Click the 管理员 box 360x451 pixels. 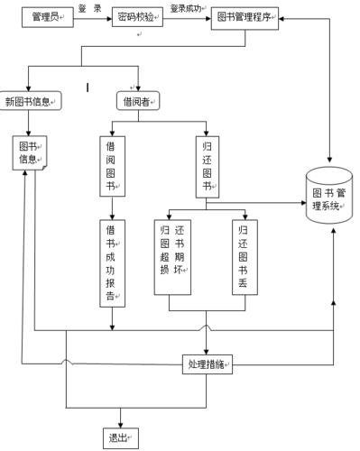pyautogui.click(x=46, y=17)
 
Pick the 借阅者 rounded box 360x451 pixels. pyautogui.click(x=137, y=101)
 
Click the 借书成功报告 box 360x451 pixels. pyautogui.click(x=111, y=261)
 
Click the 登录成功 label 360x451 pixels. pyautogui.click(x=186, y=7)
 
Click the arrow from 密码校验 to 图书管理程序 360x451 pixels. pyautogui.click(x=187, y=17)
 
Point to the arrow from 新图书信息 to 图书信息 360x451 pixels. pyautogui.click(x=30, y=123)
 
